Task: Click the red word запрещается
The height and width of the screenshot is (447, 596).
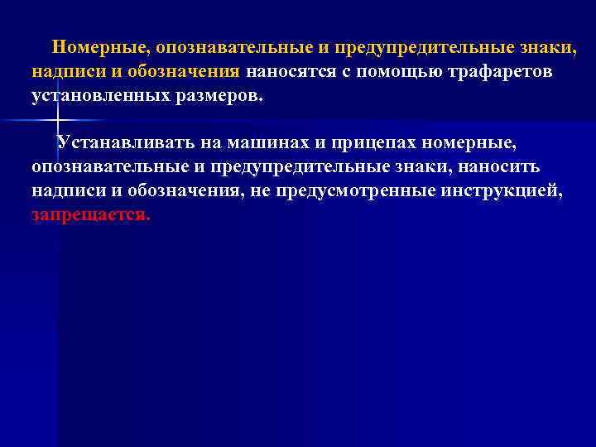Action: tap(91, 215)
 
